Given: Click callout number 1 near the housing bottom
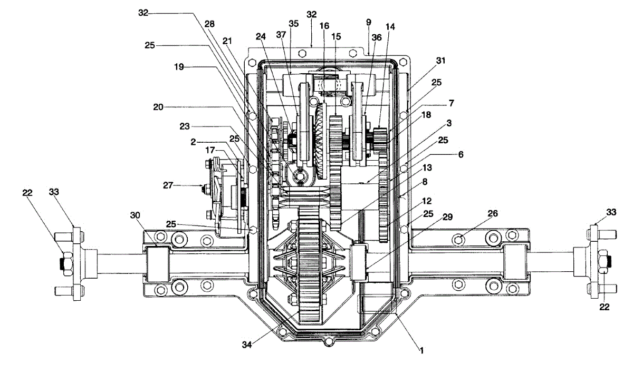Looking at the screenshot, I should point(421,349).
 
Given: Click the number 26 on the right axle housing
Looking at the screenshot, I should point(493,213).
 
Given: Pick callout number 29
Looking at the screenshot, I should point(448,217).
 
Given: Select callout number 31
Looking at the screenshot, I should point(441,61).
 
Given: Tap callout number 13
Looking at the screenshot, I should point(426,168).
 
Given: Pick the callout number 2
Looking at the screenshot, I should point(194,142).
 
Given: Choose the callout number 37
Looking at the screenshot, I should point(281,35).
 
